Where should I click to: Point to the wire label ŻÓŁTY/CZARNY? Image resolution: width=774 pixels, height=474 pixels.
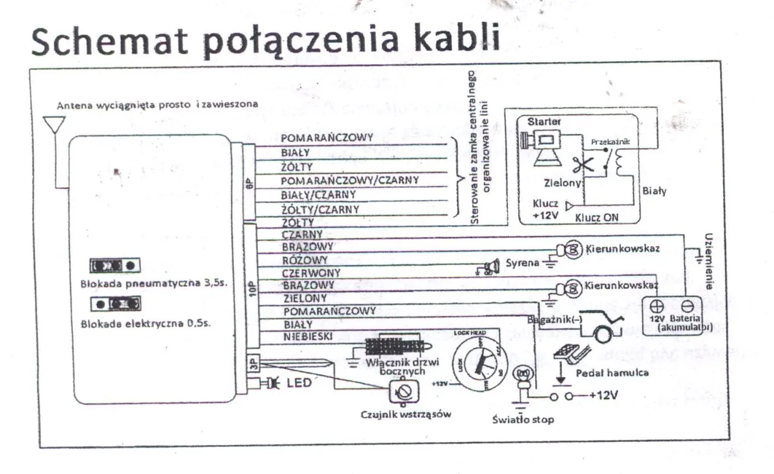pyautogui.click(x=320, y=210)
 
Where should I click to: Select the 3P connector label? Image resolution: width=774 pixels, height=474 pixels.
pyautogui.click(x=253, y=362)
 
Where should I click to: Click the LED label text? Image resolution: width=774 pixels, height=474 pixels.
pyautogui.click(x=299, y=382)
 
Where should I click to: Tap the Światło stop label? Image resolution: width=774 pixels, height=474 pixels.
pyautogui.click(x=522, y=419)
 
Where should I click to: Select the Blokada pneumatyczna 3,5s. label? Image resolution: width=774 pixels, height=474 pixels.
pyautogui.click(x=153, y=283)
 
